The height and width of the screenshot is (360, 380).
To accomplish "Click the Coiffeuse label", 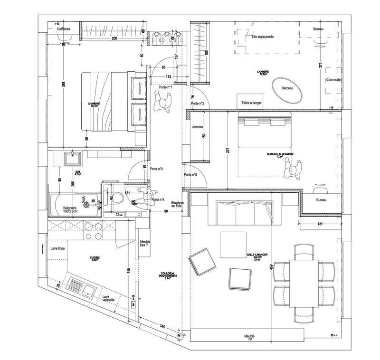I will tap(64, 29).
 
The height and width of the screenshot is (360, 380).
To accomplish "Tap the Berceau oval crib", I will tap(288, 89).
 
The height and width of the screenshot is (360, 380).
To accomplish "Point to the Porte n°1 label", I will tap(165, 88).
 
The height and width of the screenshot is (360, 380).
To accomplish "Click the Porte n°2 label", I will tap(198, 103).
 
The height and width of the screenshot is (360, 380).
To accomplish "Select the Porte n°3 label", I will tap(157, 169).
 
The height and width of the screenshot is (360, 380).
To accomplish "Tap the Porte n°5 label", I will tap(191, 175).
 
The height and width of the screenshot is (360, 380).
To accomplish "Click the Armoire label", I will tap(198, 128).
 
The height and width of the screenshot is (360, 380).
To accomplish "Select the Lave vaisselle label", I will tap(110, 299).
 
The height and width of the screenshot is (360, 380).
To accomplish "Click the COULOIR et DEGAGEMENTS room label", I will tap(167, 276).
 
